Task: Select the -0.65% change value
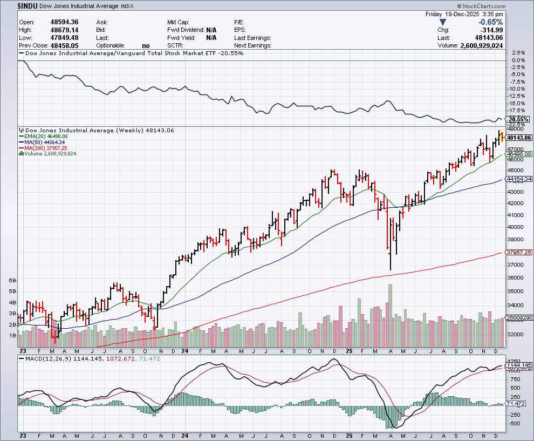(x=491, y=22)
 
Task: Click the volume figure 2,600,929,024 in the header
(x=481, y=46)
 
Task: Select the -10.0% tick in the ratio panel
(x=517, y=89)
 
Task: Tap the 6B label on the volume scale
(x=12, y=281)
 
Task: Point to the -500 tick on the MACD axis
(x=515, y=424)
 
